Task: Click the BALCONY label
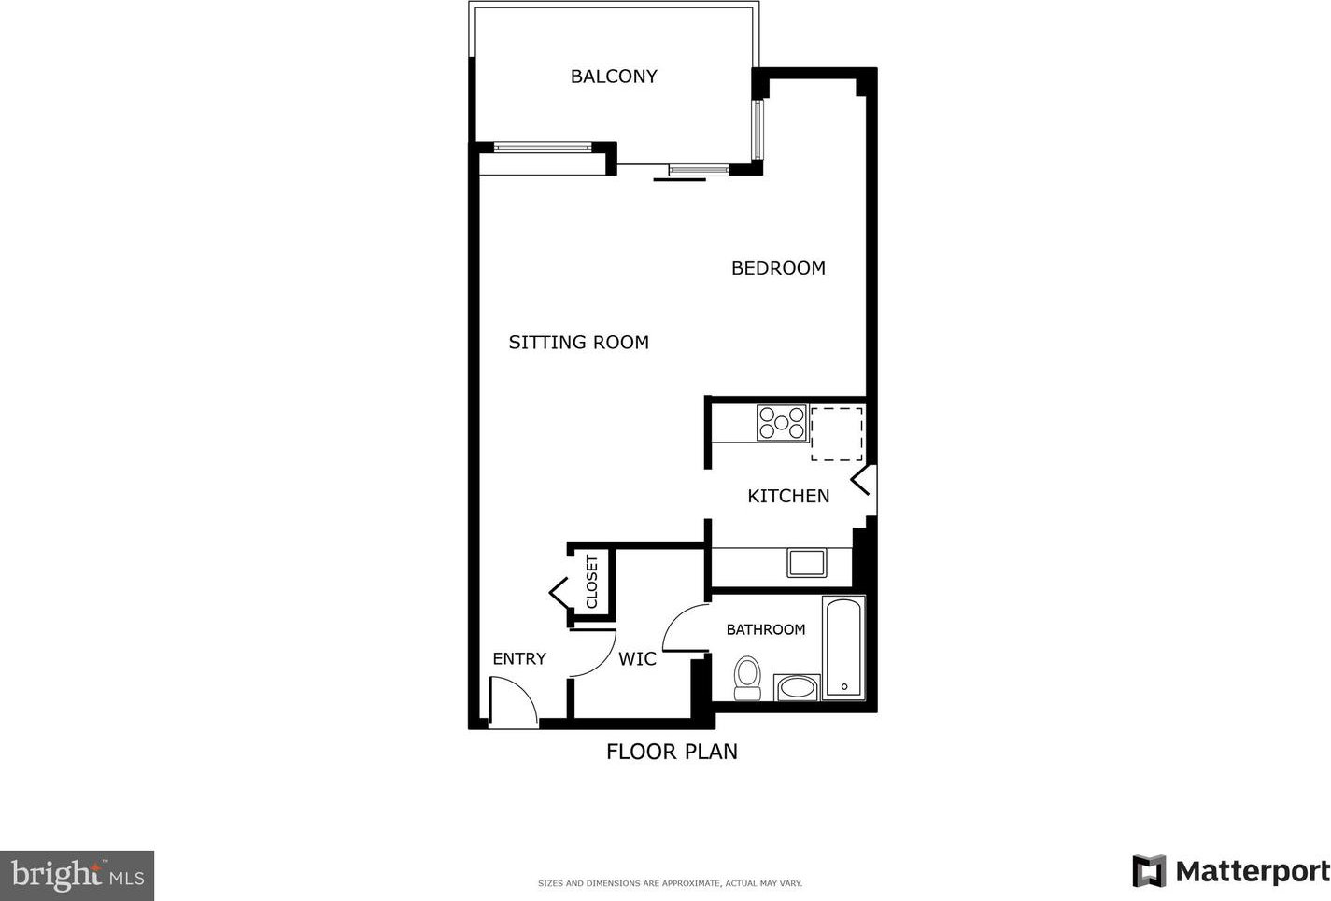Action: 614,77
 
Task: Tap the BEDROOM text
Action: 778,269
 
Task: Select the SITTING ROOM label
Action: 579,343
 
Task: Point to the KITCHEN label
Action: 788,496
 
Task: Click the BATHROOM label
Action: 766,629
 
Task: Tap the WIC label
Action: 638,658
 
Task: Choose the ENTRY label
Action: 519,658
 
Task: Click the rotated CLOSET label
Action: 592,582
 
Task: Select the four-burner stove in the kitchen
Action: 782,423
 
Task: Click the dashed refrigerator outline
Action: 837,434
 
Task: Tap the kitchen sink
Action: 806,563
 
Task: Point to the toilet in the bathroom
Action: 747,678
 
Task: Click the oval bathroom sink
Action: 798,688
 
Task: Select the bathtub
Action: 843,648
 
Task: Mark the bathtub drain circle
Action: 844,687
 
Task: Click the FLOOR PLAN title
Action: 672,752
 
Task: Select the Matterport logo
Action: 1230,871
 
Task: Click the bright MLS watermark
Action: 78,876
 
